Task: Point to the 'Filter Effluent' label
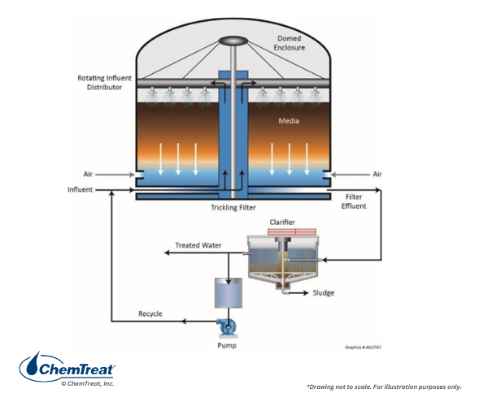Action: click(x=355, y=201)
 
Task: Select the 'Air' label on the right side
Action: click(x=377, y=173)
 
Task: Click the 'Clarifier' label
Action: click(x=282, y=222)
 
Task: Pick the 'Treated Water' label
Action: click(x=198, y=245)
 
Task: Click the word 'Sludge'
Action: click(x=324, y=292)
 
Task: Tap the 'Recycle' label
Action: click(x=152, y=313)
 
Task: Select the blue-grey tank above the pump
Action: click(x=228, y=292)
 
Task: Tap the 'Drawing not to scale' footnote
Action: click(x=384, y=386)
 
